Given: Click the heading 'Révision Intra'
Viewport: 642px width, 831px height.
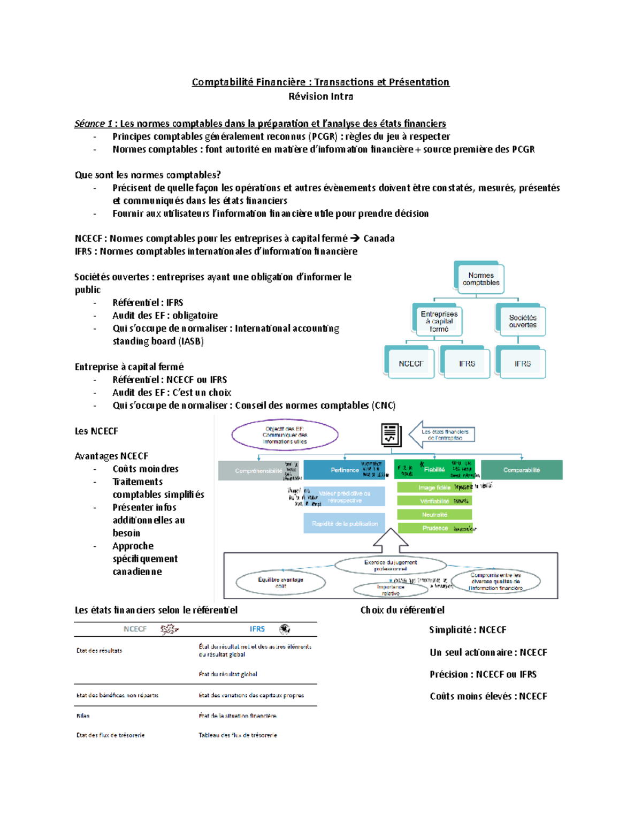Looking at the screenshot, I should [320, 97].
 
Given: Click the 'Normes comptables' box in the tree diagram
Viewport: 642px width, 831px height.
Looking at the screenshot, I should [481, 279].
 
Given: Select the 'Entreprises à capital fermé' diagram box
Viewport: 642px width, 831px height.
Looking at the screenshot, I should [439, 321].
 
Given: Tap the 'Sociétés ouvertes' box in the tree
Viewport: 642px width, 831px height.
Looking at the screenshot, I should [522, 321].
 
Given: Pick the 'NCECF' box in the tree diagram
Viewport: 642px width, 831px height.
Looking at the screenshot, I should [410, 364].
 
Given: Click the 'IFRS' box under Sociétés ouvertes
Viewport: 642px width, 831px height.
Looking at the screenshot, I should [522, 364].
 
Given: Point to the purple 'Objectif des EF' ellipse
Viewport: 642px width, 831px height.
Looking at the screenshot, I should [285, 435].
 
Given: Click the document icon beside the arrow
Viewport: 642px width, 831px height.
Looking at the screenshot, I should [391, 434].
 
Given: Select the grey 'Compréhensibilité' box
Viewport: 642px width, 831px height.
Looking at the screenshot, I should [258, 471].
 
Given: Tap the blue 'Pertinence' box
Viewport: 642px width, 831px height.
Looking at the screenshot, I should [345, 470].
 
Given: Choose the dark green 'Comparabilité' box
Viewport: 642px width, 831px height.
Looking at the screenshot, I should [522, 470].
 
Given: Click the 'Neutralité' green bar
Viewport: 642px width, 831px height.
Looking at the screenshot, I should [434, 515].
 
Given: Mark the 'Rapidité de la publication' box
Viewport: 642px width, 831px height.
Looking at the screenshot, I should [345, 523].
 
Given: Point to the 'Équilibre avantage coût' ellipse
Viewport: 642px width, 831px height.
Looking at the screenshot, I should [280, 583].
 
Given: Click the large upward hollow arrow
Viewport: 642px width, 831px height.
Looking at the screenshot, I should [391, 540].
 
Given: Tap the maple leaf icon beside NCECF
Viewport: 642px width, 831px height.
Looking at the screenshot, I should [169, 629].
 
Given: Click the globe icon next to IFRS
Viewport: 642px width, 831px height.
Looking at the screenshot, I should [285, 629].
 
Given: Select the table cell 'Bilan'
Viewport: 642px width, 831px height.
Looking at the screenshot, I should [83, 716].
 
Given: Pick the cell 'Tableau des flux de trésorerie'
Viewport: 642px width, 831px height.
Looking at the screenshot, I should [238, 735].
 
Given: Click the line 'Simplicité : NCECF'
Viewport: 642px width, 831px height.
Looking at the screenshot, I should [467, 630].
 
